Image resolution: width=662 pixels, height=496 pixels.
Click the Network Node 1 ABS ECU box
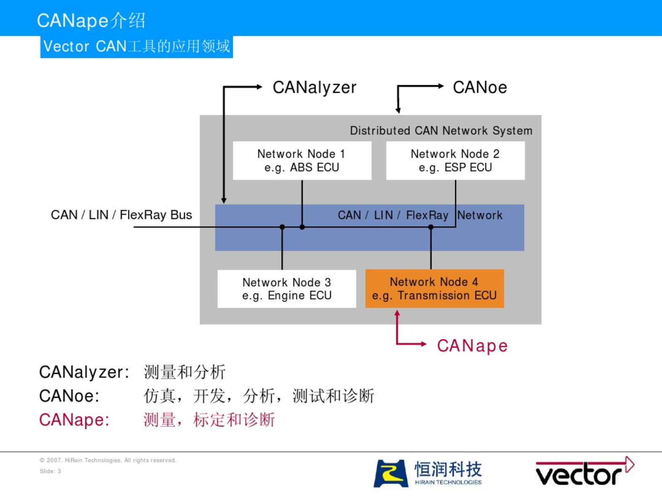(x=302, y=161)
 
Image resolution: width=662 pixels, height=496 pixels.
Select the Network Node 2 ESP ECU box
(x=455, y=161)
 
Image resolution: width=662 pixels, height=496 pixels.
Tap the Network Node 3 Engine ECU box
(x=287, y=289)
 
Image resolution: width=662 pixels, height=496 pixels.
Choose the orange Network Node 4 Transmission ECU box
(x=435, y=289)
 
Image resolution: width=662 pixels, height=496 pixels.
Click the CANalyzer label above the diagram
(x=314, y=88)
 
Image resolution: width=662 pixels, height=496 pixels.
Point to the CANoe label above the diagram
(x=480, y=88)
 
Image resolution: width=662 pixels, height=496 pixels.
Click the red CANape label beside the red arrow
(x=472, y=346)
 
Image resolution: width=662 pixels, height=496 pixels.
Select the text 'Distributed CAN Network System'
(x=441, y=131)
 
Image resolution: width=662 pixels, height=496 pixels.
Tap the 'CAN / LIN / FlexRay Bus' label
(x=121, y=215)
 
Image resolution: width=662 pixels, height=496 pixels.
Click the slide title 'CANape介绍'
(x=91, y=21)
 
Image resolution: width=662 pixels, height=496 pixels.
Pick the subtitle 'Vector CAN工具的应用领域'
(x=137, y=47)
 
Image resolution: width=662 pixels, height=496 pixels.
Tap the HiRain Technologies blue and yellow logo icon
(x=391, y=473)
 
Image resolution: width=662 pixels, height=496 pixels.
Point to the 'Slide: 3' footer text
(x=50, y=471)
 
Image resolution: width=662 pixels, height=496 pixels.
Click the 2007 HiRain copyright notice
(x=108, y=460)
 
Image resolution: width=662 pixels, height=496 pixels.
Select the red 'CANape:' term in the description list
(x=74, y=420)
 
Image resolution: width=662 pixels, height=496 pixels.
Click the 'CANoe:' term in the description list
(x=69, y=396)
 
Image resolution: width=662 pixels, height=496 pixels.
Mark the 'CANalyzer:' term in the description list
(x=84, y=372)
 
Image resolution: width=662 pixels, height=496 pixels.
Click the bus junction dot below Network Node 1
(x=302, y=227)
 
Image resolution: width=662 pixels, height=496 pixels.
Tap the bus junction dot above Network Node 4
(x=431, y=227)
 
